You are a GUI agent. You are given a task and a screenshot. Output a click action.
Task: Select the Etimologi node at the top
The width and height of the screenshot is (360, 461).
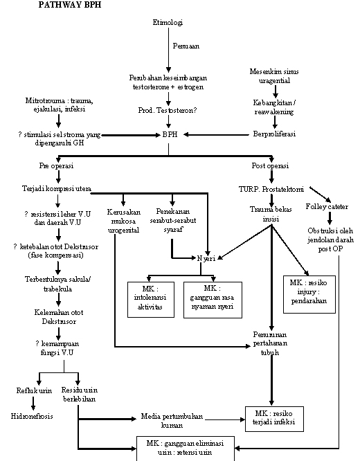pos(168,23)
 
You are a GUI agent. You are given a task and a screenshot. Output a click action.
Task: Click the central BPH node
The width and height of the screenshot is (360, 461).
pos(169,134)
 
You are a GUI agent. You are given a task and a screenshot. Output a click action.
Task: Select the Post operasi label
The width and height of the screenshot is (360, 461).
pos(271,166)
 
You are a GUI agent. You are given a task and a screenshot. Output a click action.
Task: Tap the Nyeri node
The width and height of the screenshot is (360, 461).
pos(206,258)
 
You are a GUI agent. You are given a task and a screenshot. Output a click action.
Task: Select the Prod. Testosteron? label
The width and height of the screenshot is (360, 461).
pos(168,109)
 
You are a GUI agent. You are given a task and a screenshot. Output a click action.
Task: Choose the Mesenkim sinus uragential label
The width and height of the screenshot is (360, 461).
pos(275,76)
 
